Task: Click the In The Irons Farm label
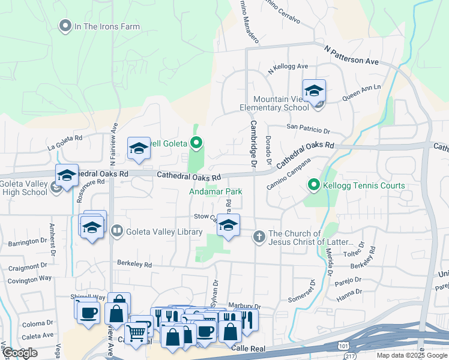point(107,26)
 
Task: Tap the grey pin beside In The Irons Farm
point(65,26)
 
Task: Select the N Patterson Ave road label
point(352,54)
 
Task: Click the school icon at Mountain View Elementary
point(314,91)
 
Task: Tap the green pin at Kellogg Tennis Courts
point(313,185)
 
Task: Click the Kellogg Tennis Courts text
point(364,186)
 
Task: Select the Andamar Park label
point(211,191)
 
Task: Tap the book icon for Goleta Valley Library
point(117,230)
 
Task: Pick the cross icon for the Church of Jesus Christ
point(259,236)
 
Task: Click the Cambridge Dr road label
point(253,143)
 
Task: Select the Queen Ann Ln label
point(361,91)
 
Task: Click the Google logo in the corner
point(20,353)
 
